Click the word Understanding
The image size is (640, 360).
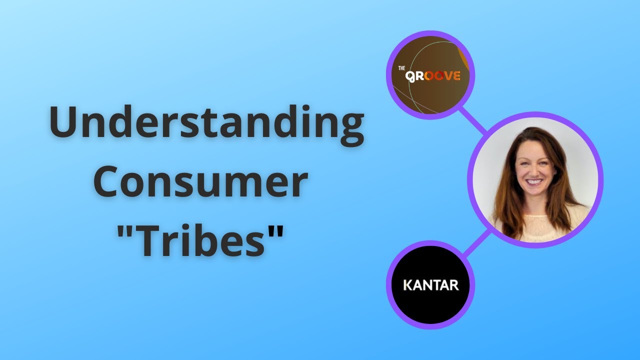tap(206, 124)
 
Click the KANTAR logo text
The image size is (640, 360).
tap(430, 286)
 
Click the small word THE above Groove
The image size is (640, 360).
tap(401, 68)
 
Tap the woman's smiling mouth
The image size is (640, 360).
tap(534, 182)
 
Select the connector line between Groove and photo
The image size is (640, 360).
tap(472, 119)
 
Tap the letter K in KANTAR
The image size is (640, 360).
tap(407, 286)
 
